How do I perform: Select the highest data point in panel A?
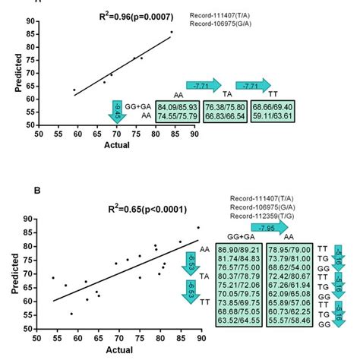pyautogui.click(x=172, y=32)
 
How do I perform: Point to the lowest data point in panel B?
pyautogui.click(x=71, y=314)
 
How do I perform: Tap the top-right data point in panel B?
pyautogui.click(x=198, y=227)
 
